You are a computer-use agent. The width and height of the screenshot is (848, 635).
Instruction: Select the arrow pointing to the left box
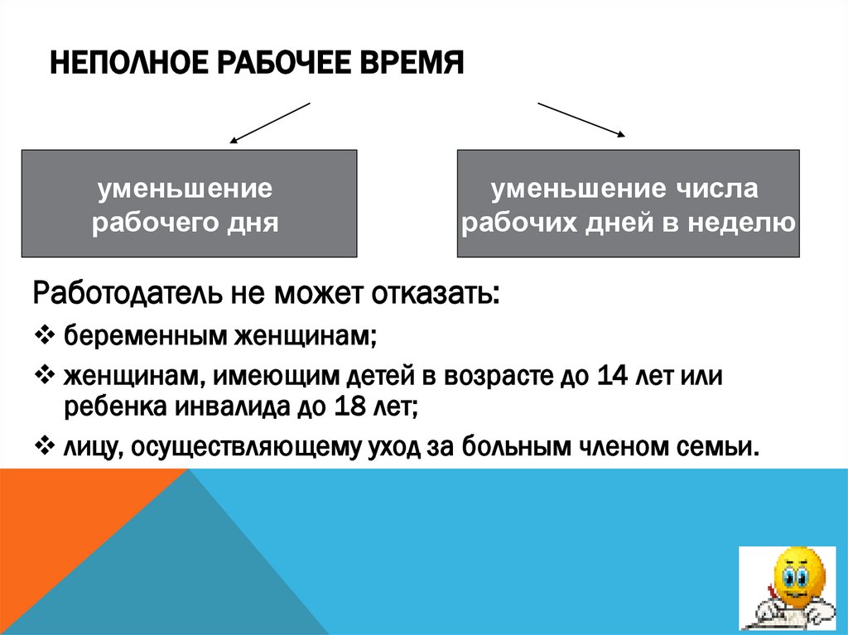click(269, 122)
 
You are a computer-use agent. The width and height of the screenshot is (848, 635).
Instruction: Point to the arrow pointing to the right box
click(581, 119)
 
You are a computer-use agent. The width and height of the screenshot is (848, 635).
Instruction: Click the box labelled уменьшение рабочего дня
click(189, 203)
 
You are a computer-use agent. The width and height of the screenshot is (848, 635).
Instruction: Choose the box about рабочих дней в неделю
click(628, 203)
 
